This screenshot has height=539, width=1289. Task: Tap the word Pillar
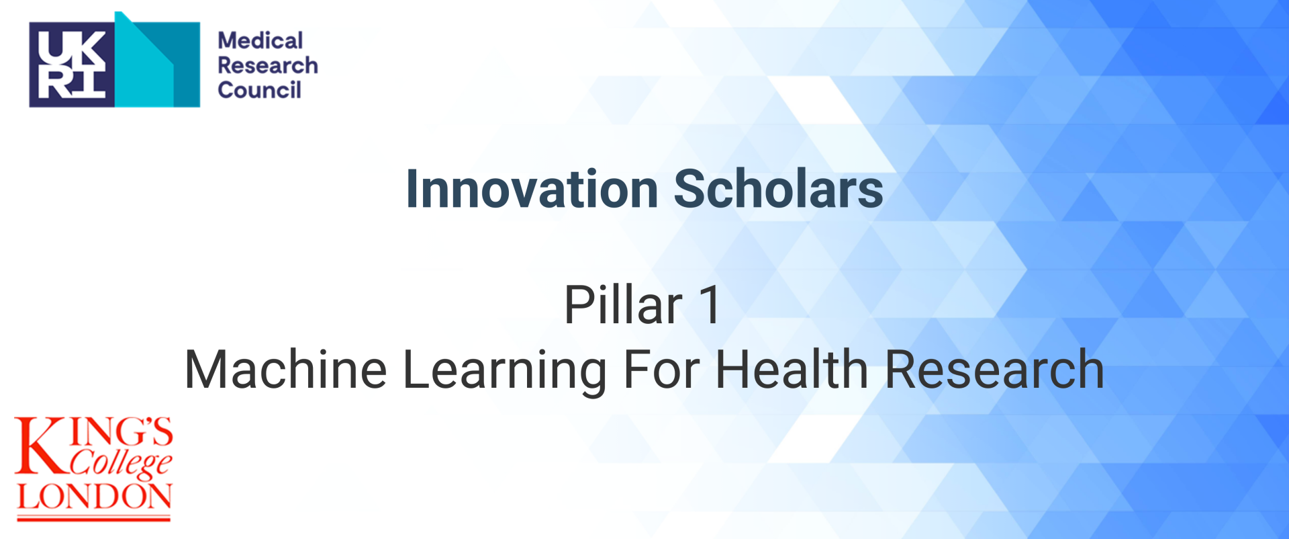coord(623,304)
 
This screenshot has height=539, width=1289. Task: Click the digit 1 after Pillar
coord(710,304)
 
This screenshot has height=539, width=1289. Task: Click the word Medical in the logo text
coord(260,40)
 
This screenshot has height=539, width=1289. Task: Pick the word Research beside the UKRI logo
coord(268,65)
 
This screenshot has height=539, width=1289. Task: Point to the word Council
coord(260,90)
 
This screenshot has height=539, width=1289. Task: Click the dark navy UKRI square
coord(72,65)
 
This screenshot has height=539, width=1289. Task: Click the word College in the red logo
coord(122,463)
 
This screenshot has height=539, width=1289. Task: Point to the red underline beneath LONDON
coord(94,518)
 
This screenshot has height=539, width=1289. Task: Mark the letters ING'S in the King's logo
coord(122,432)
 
